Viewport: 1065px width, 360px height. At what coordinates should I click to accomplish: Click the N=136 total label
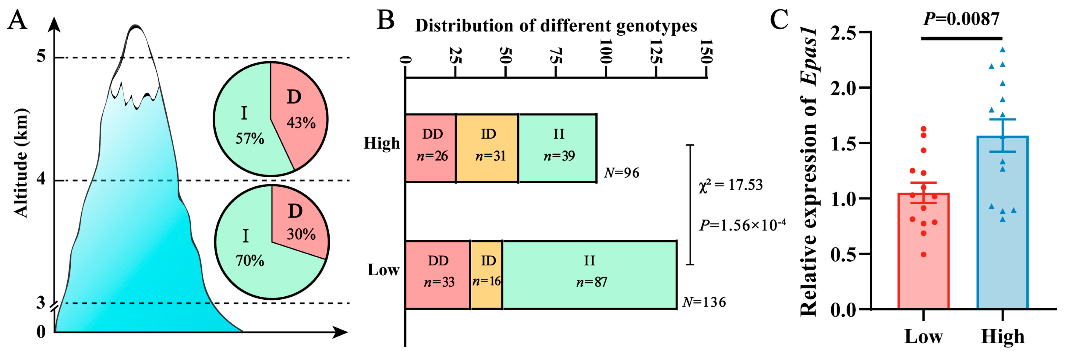[704, 302]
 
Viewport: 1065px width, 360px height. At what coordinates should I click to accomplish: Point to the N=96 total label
[621, 172]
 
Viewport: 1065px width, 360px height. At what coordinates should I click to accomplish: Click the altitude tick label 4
[41, 179]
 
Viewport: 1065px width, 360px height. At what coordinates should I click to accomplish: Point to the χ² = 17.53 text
[731, 185]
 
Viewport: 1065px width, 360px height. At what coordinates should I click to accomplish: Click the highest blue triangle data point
[1003, 50]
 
